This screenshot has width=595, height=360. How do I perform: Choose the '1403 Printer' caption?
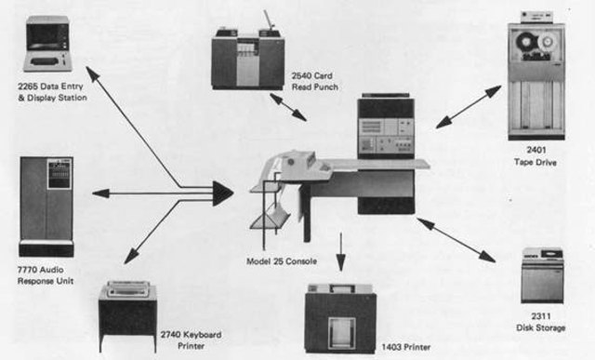click(x=408, y=347)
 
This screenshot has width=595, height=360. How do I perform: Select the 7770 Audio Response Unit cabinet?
click(x=46, y=205)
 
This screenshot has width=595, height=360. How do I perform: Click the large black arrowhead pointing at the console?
click(x=221, y=193)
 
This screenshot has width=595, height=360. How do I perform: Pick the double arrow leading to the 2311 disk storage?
click(x=461, y=240)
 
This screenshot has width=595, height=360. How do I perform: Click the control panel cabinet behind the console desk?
click(x=385, y=127)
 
